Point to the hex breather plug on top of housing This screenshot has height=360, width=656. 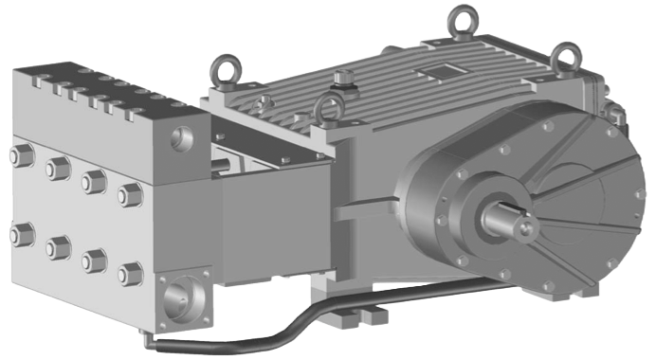[x=343, y=78]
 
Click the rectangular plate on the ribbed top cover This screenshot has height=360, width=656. [x=442, y=71]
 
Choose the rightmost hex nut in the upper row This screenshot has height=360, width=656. [x=129, y=194]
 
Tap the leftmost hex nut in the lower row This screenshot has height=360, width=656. [x=18, y=229]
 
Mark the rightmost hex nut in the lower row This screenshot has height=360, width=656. [x=128, y=274]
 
